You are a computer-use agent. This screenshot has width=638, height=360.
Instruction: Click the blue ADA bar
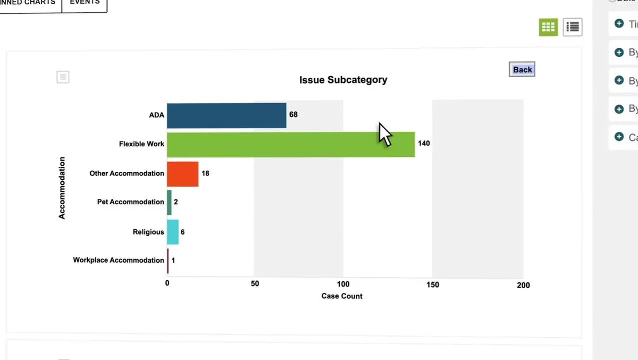tap(226, 115)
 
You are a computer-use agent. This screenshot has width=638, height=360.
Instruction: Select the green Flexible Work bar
tap(291, 144)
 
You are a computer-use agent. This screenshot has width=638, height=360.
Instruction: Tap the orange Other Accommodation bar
tap(183, 173)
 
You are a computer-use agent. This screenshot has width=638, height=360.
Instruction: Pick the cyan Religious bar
tap(173, 232)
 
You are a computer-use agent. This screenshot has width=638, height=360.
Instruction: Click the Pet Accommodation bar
tap(169, 203)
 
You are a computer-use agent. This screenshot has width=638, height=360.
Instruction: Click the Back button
tap(522, 70)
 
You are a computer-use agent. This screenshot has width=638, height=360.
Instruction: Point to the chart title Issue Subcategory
tap(343, 80)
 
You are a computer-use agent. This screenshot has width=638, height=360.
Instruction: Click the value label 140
tap(424, 144)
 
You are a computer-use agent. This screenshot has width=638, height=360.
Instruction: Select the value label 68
tap(293, 114)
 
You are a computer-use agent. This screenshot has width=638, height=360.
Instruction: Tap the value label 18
tap(205, 173)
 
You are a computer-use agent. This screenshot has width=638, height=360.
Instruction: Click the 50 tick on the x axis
tap(255, 284)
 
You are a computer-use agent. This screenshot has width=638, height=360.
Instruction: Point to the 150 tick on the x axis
tap(433, 284)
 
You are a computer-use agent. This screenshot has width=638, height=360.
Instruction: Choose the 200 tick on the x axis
tap(523, 285)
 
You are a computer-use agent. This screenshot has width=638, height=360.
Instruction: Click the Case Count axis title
tap(342, 296)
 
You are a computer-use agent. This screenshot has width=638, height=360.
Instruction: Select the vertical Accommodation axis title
tap(62, 188)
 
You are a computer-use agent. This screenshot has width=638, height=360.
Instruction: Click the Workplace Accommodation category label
tap(119, 260)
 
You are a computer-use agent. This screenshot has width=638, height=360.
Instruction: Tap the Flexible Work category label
tap(141, 144)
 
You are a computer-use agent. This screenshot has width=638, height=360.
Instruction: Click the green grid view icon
tap(548, 27)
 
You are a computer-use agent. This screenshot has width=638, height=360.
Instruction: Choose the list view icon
tap(573, 27)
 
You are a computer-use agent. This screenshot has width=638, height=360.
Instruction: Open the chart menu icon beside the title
tap(63, 77)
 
